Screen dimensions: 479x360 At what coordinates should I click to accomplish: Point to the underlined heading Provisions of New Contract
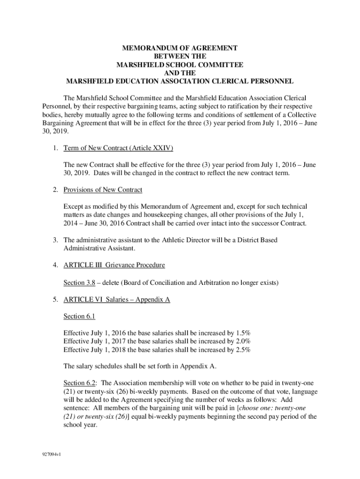(x=103, y=189)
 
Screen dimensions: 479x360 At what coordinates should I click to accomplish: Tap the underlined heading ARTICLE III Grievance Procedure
(x=114, y=265)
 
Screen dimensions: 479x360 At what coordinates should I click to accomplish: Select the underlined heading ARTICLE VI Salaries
(x=97, y=299)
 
